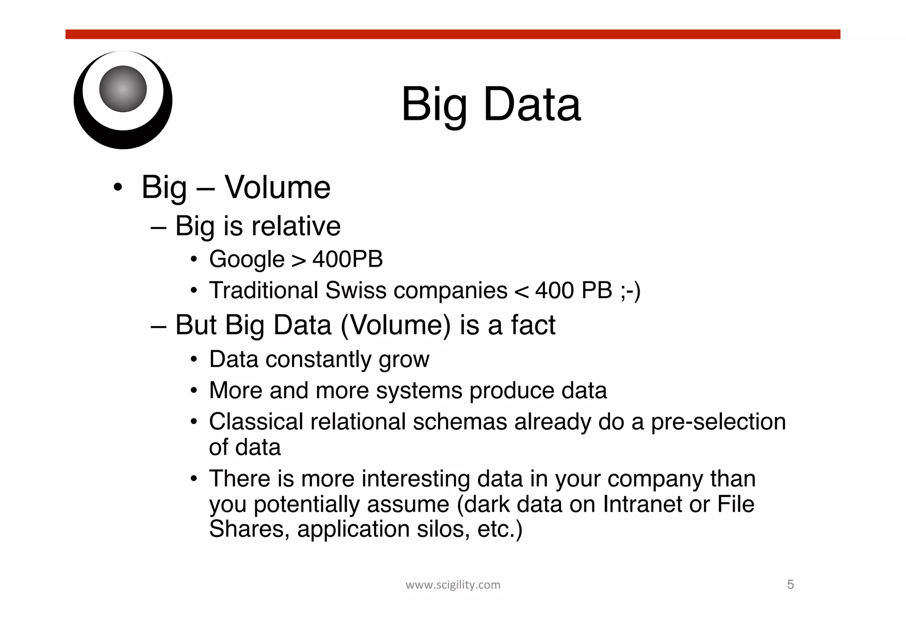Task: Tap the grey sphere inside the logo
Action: [123, 89]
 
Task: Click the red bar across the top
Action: [453, 34]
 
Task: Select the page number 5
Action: [790, 585]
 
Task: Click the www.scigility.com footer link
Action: [453, 585]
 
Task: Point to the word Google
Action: [246, 260]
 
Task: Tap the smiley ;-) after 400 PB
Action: [630, 291]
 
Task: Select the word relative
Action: [296, 226]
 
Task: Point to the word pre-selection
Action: [718, 422]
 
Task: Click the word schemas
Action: [460, 422]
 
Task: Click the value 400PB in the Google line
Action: [347, 259]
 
